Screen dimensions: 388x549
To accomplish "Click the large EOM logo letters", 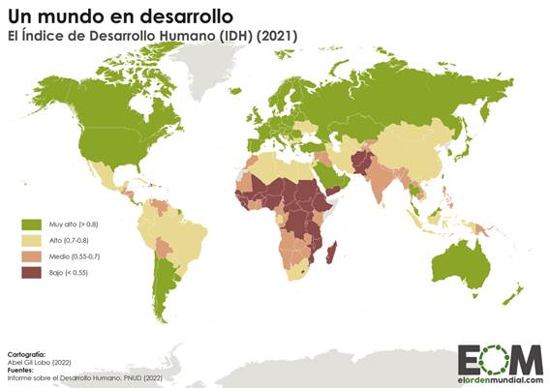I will (500, 358).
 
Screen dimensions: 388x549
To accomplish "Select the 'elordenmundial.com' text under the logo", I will (500, 379).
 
